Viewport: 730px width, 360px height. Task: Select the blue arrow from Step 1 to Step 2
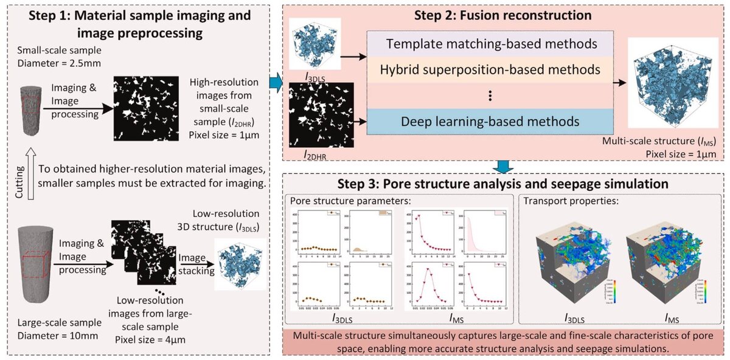(x=274, y=83)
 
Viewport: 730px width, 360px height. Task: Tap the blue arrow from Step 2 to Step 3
(x=502, y=165)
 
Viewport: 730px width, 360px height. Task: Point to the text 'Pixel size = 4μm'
(x=148, y=339)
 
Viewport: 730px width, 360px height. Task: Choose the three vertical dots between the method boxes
(x=489, y=95)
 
